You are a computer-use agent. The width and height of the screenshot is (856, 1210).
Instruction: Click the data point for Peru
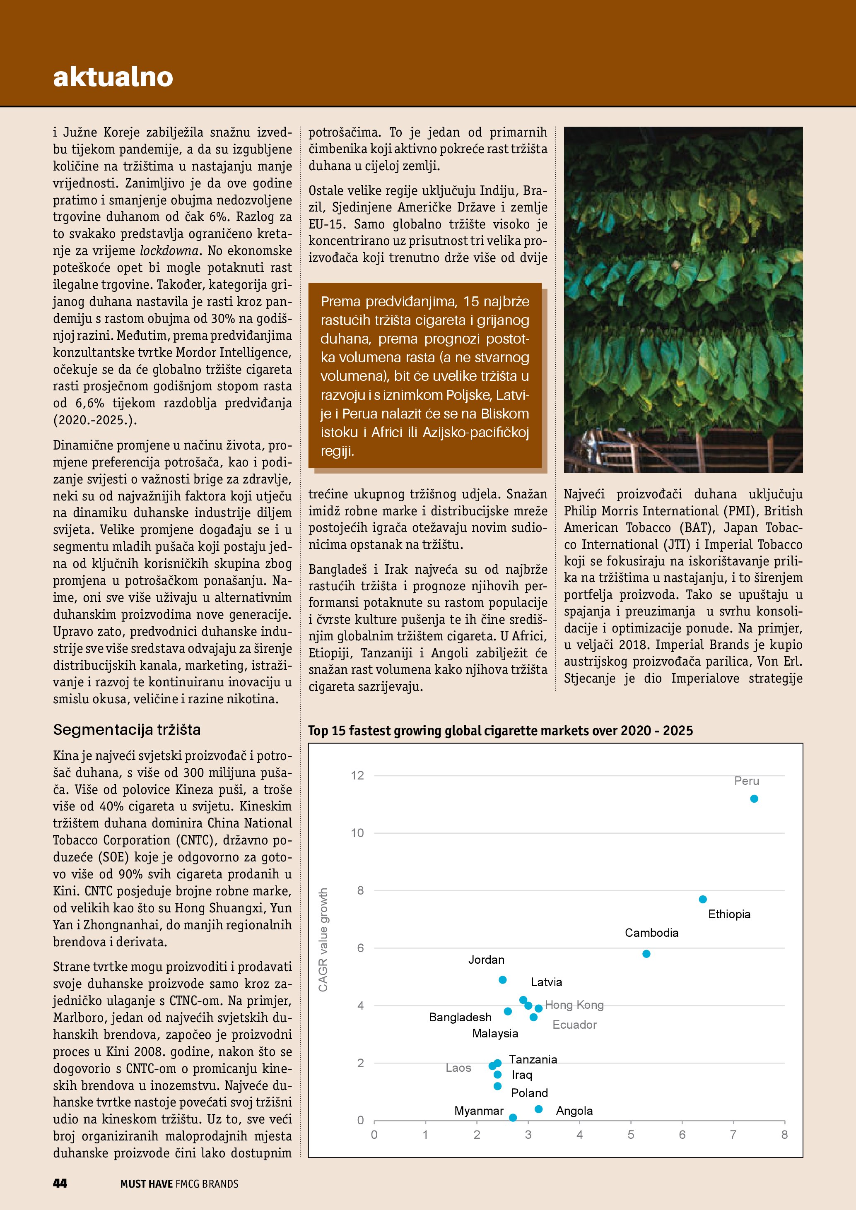(754, 799)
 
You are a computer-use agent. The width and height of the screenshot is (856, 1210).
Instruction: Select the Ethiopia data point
(703, 899)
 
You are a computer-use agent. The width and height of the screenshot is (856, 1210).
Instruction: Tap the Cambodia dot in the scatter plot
(646, 953)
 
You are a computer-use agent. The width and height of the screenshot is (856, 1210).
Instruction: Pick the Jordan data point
(502, 980)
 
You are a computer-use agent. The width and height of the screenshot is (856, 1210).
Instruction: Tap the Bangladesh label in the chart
(460, 1017)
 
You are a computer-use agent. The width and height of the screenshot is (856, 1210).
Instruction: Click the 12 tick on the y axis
(357, 775)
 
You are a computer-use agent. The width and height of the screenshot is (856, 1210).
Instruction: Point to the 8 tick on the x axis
(784, 1135)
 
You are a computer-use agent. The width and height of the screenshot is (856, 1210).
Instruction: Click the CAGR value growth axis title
(323, 939)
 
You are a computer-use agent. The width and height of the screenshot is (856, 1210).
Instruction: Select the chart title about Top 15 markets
(500, 730)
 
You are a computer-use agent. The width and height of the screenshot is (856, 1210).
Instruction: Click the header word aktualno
(113, 77)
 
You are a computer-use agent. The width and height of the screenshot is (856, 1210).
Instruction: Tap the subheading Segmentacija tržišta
(126, 729)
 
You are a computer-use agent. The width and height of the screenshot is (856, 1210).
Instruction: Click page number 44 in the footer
(60, 1183)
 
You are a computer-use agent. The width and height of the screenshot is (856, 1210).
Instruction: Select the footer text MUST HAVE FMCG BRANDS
(179, 1184)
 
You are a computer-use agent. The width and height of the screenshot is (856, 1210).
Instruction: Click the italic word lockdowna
(169, 250)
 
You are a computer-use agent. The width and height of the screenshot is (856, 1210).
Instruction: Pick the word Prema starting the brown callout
(341, 301)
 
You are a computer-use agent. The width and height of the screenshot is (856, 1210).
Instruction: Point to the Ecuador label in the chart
(574, 1025)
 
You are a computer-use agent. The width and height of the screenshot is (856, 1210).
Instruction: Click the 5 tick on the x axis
(630, 1135)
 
